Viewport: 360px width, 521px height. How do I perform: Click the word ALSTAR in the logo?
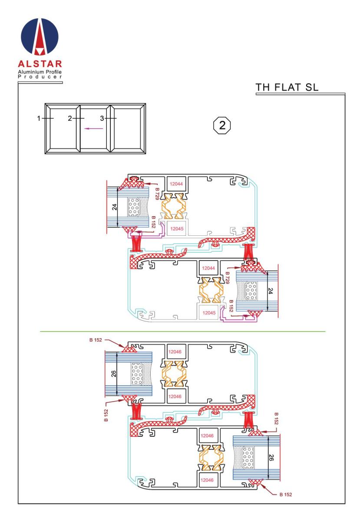pyautogui.click(x=40, y=64)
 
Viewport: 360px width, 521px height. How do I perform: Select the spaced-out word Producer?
pyautogui.click(x=40, y=77)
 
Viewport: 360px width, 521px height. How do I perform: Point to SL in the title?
pyautogui.click(x=311, y=87)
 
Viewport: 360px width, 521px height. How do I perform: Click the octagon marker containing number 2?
pyautogui.click(x=222, y=125)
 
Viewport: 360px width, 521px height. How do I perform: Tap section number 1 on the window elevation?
pyautogui.click(x=39, y=119)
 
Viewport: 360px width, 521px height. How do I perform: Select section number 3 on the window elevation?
pyautogui.click(x=102, y=119)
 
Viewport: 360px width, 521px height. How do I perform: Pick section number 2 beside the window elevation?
pyautogui.click(x=70, y=119)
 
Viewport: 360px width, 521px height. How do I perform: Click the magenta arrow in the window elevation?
pyautogui.click(x=93, y=129)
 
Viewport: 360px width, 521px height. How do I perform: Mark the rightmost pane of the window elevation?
pyautogui.click(x=128, y=129)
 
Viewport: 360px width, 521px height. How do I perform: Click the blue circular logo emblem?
pyautogui.click(x=40, y=36)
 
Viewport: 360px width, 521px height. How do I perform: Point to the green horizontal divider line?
pyautogui.click(x=183, y=331)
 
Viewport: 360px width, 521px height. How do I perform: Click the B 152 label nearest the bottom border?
pyautogui.click(x=286, y=495)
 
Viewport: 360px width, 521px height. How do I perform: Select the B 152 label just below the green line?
pyautogui.click(x=96, y=340)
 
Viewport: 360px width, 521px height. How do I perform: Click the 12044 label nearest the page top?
pyautogui.click(x=176, y=184)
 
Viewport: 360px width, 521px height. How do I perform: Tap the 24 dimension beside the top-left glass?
pyautogui.click(x=115, y=207)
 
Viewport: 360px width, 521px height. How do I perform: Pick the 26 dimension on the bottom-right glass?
pyautogui.click(x=271, y=457)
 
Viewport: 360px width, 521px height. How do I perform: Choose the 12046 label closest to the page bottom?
pyautogui.click(x=207, y=480)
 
